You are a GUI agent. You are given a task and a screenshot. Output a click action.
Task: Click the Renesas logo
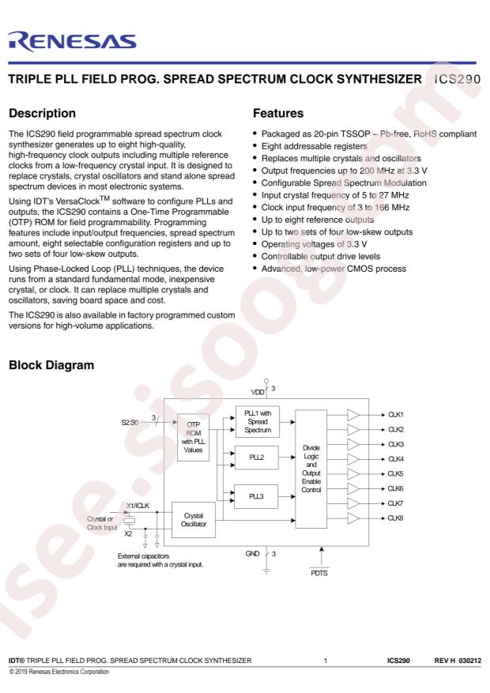pos(72,42)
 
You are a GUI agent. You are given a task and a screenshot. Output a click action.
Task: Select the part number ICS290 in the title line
pos(458,79)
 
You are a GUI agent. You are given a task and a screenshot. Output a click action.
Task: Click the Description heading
pos(43,113)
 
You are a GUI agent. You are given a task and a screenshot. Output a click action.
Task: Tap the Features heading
pos(278,113)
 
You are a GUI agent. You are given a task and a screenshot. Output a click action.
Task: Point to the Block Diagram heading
pos(51,365)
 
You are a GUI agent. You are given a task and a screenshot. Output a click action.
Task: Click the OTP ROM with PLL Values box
pos(193,438)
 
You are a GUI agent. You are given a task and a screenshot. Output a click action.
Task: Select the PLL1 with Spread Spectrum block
pos(257,422)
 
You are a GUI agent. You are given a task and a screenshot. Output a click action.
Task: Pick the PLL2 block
pos(257,458)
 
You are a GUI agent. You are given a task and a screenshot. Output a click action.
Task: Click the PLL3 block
pos(256,496)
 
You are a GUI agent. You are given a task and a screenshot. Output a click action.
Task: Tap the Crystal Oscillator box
pos(194,520)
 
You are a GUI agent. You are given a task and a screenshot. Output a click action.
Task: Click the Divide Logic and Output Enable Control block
pos(311,469)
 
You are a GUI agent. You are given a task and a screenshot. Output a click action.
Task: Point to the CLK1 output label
pos(395,415)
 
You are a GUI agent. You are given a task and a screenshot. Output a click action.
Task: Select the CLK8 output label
pos(395,518)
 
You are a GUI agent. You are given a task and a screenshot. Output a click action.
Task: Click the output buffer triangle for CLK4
pos(352,459)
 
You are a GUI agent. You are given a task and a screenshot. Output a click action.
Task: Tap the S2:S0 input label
pos(130,423)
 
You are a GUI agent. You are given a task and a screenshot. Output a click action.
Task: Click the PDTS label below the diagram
pos(319,573)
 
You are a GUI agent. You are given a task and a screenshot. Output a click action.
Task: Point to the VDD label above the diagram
pos(258,392)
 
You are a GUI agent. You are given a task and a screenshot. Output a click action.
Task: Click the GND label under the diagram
pos(252,554)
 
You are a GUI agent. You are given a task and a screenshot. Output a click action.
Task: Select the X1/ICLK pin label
pos(138,506)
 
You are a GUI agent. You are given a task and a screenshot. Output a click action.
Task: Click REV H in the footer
pos(444,661)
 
